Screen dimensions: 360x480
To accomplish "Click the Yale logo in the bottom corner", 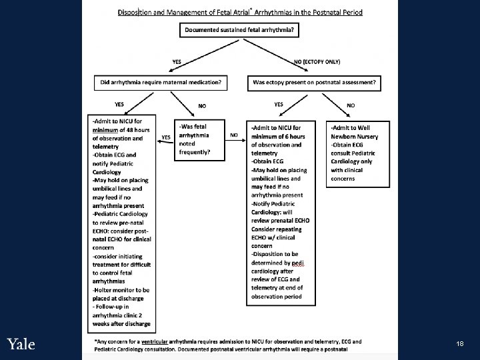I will pyautogui.click(x=21, y=344).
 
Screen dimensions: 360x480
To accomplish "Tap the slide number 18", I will pyautogui.click(x=460, y=343).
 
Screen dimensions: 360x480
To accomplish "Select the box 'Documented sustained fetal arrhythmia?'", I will pyautogui.click(x=239, y=30).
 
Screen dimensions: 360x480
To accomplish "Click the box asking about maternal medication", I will pyautogui.click(x=159, y=83).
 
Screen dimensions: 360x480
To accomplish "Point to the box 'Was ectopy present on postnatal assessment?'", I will pyautogui.click(x=315, y=83).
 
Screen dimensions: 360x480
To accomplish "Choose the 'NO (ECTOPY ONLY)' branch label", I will pyautogui.click(x=317, y=61).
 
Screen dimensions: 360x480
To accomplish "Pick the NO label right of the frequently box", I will pyautogui.click(x=234, y=135).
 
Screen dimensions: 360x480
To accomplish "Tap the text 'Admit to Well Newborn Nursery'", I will pyautogui.click(x=351, y=131).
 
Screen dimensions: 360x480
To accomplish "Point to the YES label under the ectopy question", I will pyautogui.click(x=279, y=104).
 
